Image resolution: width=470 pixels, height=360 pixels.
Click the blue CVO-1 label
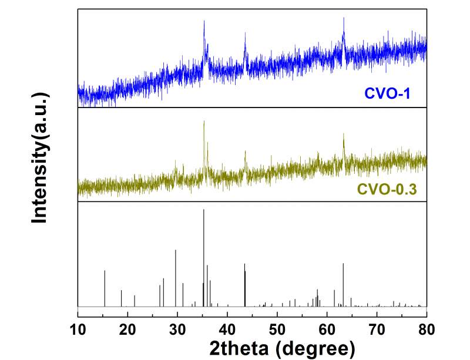tap(385, 93)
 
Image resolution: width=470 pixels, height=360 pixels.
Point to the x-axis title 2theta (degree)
tap(282, 348)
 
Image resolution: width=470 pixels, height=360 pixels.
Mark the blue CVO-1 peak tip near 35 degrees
tap(204, 21)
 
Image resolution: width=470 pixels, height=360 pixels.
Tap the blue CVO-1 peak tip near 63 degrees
tap(344, 18)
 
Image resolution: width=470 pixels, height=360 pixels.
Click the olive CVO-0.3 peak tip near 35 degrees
tap(204, 122)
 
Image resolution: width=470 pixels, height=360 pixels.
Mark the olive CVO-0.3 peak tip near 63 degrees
tap(344, 134)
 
